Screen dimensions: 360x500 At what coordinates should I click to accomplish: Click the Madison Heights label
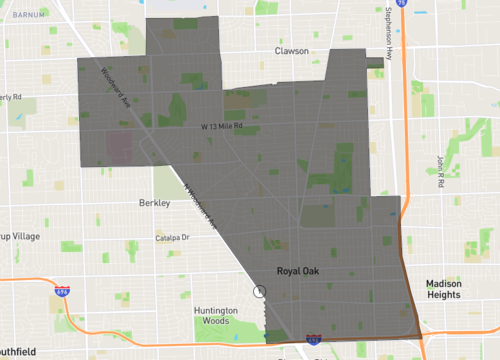coord(442,289)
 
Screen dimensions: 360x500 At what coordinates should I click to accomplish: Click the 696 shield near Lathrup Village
coord(62,290)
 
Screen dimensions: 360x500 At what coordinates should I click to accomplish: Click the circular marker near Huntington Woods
coord(260,292)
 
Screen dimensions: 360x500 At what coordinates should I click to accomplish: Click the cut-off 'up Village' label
coord(17,247)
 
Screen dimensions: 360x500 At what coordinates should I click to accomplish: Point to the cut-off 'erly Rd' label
coord(11,96)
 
